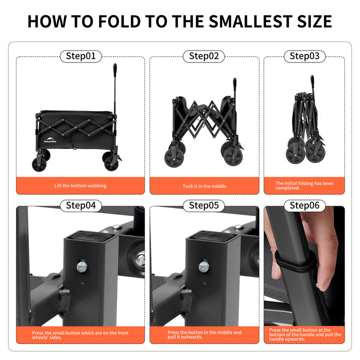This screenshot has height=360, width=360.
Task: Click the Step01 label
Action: coord(80,56)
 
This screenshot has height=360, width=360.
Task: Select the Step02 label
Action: coord(204,56)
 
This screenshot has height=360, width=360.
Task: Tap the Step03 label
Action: coord(304,56)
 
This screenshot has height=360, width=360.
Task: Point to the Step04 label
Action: coord(80,205)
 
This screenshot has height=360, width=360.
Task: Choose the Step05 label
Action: coord(204,205)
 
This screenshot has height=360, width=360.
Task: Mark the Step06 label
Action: coord(304,205)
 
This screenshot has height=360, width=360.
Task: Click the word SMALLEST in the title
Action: coord(251,21)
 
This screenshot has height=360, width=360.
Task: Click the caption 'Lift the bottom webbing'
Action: coord(80,186)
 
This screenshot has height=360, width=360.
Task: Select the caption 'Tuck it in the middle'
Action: coord(204,186)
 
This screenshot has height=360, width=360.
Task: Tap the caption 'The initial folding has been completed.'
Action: coord(304,185)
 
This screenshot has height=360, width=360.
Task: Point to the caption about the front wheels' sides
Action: coord(80,335)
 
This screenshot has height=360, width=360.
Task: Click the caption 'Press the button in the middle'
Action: coord(204,334)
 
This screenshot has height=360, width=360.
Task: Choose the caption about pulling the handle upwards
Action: coord(304,334)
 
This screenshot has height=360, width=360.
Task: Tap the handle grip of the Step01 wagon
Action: coord(115,68)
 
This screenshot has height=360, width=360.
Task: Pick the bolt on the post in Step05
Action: coord(203,266)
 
